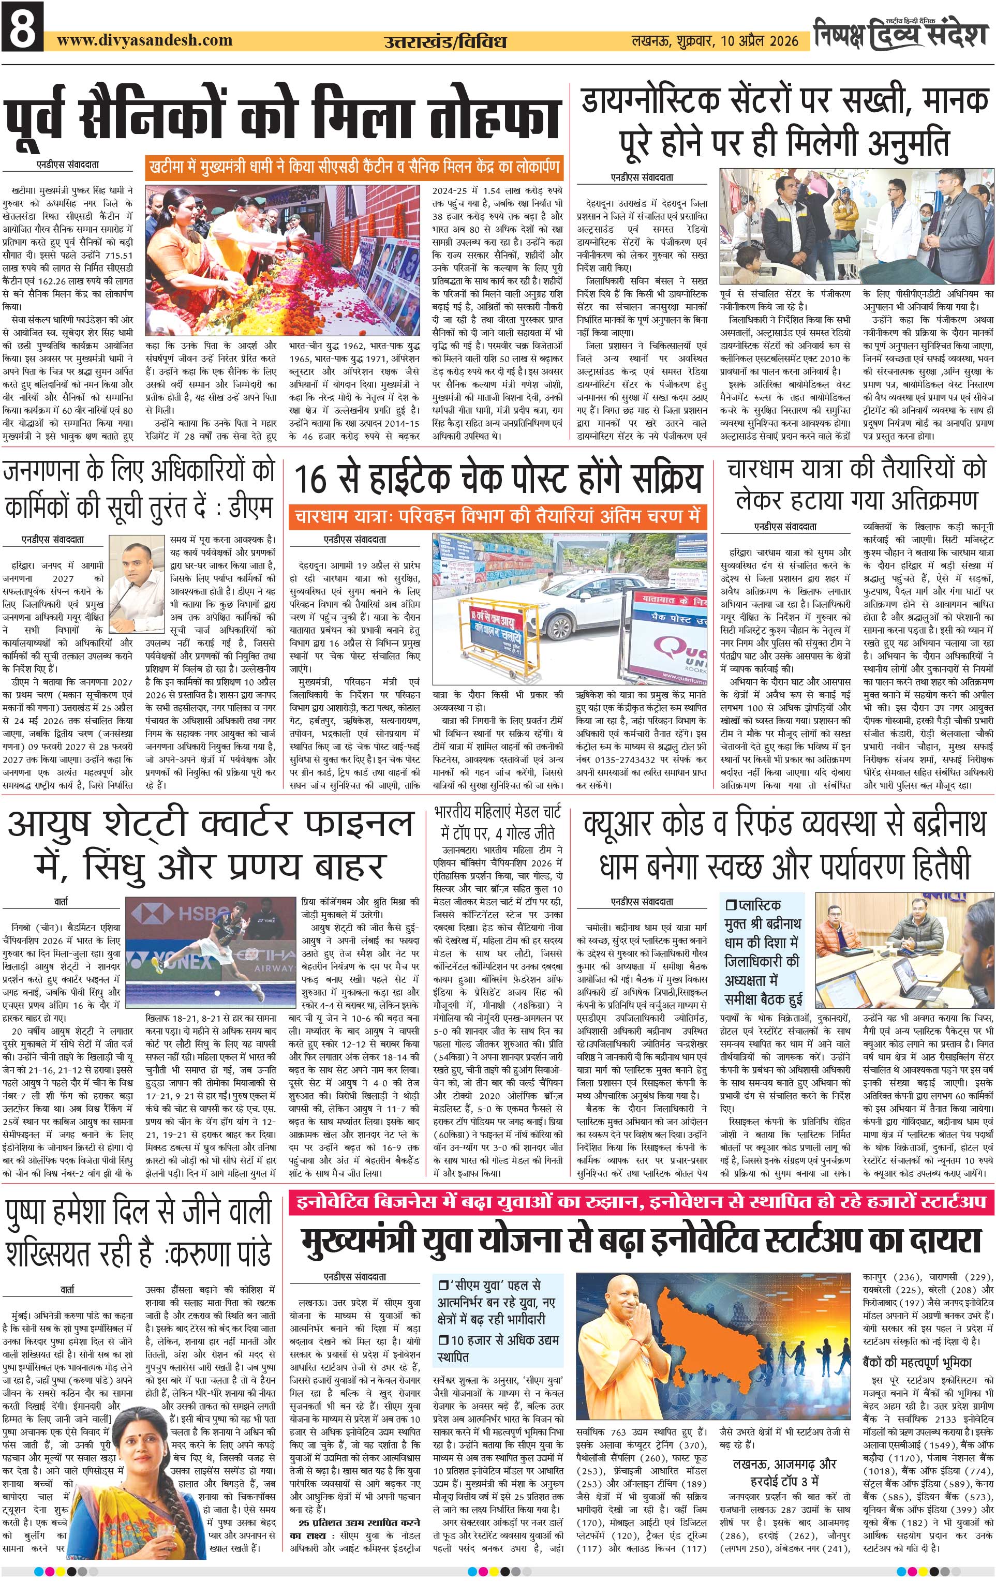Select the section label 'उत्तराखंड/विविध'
point(445,42)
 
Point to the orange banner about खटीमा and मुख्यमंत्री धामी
point(355,167)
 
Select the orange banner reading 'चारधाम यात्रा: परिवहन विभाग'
point(497,516)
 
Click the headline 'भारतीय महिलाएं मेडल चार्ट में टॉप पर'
point(497,824)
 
